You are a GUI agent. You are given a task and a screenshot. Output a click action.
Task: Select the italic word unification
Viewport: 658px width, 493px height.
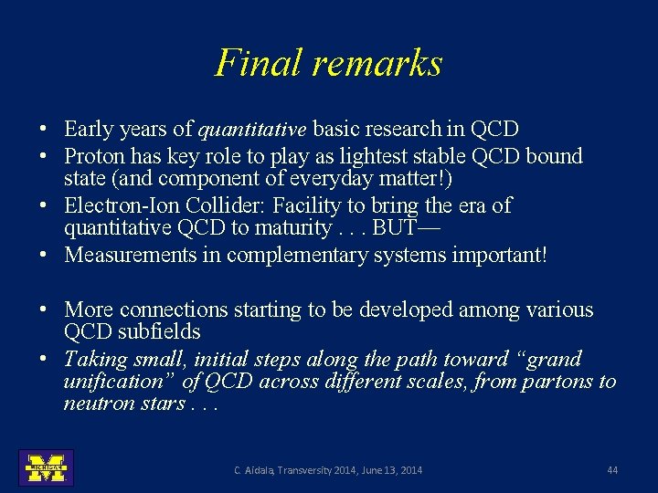point(114,382)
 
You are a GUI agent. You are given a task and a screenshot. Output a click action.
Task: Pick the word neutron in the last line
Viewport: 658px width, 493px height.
point(96,404)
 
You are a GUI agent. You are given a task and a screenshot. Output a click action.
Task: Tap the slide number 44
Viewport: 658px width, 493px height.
point(612,470)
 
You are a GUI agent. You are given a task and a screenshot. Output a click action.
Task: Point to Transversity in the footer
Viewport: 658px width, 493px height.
point(309,470)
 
